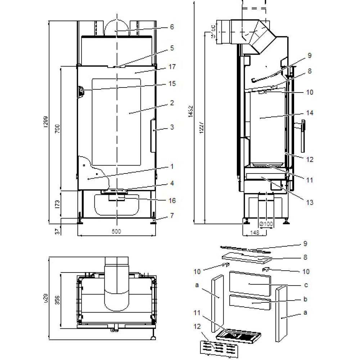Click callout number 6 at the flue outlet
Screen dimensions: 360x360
172,27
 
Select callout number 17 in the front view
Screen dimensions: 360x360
172,67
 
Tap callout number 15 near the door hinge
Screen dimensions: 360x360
172,84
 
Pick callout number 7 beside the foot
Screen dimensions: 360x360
172,216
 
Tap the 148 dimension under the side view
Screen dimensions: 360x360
255,233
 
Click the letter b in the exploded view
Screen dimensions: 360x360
305,299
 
